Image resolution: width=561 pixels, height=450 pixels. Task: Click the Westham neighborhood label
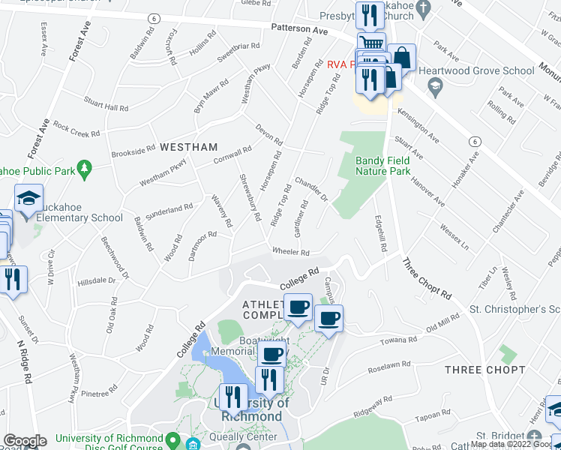[188, 147]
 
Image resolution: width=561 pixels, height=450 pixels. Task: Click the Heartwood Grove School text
[477, 71]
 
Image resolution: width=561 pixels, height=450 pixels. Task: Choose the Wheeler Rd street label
[291, 252]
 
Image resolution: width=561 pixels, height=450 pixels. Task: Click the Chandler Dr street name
[311, 189]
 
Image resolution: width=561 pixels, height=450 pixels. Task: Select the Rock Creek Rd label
[76, 130]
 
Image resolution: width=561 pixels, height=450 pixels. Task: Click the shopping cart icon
[370, 43]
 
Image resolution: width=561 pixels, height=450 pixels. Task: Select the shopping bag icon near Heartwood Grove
[401, 56]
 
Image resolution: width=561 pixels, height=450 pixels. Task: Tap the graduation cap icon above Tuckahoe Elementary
[28, 199]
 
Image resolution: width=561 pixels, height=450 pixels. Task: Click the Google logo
[24, 442]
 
